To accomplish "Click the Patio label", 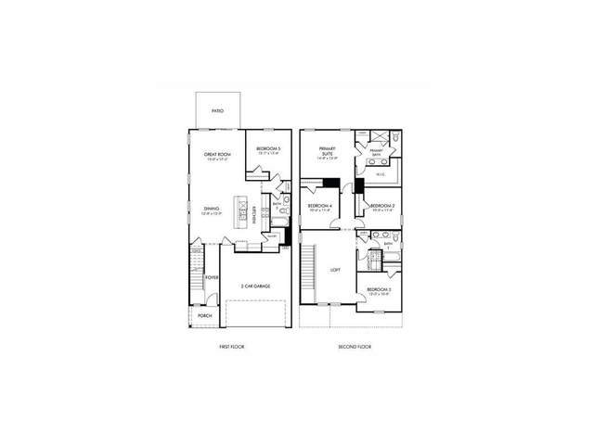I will point(217,111).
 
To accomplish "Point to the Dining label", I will point(213,210).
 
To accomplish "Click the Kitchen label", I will point(253,214).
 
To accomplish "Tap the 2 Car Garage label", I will point(254,286).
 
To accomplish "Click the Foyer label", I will point(213,277).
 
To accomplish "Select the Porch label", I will point(205,315).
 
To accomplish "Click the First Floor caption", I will point(231,347).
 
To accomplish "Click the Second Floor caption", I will point(355,347).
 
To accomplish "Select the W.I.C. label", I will point(381,174).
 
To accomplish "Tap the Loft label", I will point(336,271).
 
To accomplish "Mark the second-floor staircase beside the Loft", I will point(309,269).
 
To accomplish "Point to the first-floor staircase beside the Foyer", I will point(196,273).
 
